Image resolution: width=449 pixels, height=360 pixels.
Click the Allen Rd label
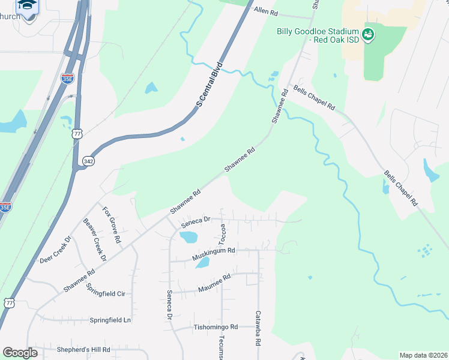[x=267, y=11]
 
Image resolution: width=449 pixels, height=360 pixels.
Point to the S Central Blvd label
[x=209, y=85]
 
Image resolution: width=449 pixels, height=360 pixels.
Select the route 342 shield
[x=88, y=161]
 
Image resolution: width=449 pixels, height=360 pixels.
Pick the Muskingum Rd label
[x=213, y=254]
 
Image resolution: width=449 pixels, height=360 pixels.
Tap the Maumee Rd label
[x=214, y=284]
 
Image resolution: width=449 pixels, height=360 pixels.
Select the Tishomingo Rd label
[x=216, y=328]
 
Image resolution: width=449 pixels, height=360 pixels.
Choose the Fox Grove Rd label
[x=112, y=224]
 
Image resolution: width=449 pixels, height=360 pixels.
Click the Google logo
[x=20, y=353]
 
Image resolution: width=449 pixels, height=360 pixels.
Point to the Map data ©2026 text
[x=423, y=355]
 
